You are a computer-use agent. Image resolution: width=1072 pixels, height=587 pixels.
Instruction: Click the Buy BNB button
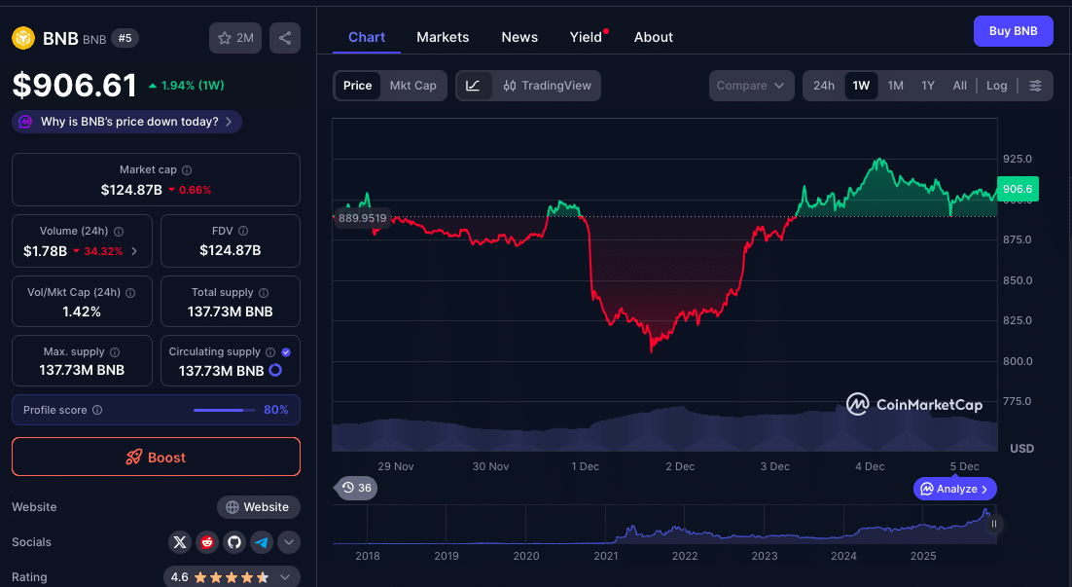pos(1013,31)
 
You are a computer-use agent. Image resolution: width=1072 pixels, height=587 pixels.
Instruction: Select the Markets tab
pos(443,37)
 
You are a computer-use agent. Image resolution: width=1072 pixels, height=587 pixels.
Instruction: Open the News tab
pos(519,37)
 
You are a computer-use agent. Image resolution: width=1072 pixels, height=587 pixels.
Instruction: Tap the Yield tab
pos(586,37)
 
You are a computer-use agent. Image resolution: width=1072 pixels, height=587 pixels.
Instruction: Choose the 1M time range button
pos(895,86)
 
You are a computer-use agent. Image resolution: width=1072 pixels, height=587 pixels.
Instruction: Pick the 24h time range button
pos(824,86)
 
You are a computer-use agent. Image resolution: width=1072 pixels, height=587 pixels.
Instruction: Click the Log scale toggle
pos(996,86)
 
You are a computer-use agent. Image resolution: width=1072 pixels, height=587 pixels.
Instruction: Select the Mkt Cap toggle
pos(412,86)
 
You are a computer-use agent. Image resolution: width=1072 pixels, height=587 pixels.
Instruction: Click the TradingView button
pos(548,86)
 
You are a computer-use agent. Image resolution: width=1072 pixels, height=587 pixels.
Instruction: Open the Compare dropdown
pos(750,86)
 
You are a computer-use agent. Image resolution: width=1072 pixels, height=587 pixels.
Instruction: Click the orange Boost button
pos(156,457)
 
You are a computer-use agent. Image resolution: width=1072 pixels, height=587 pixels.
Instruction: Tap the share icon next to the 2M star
pos(284,38)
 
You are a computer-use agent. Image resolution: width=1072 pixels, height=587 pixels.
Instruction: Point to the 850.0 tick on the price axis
pos(1018,280)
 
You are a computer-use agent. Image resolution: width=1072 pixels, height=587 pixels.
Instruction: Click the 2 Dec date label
pos(680,466)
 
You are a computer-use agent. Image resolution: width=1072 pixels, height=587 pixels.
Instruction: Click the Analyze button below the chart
pos(955,489)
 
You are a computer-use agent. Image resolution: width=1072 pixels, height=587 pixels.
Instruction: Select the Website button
pos(258,507)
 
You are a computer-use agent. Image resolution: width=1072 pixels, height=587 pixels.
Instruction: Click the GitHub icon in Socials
pos(233,542)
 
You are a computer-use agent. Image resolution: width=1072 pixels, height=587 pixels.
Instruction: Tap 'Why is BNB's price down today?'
pos(128,122)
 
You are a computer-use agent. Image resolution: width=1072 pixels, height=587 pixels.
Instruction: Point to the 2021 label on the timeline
pos(605,556)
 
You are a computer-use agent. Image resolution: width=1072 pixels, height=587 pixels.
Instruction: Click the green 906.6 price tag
pos(1018,189)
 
